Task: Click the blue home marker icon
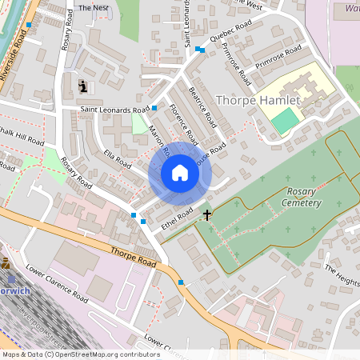[x=179, y=174]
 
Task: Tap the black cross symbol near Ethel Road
[x=208, y=214]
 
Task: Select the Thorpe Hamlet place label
[x=258, y=101]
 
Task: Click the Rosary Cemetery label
[x=293, y=198]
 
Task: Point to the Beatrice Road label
[x=202, y=109]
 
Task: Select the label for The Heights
[x=342, y=275]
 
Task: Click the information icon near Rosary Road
[x=83, y=86]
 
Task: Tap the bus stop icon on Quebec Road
[x=199, y=50]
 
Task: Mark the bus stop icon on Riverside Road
[x=29, y=25]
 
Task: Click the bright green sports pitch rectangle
[x=284, y=120]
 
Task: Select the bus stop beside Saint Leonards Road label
[x=154, y=108]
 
